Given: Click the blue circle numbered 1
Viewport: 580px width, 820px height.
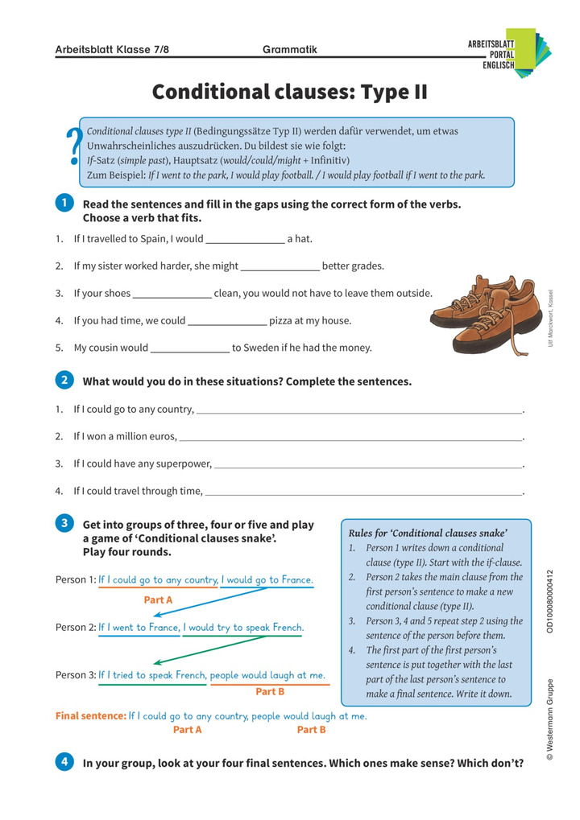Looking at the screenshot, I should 64,203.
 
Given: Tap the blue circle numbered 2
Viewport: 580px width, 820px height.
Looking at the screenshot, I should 64,380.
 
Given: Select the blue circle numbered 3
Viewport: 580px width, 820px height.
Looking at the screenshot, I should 64,524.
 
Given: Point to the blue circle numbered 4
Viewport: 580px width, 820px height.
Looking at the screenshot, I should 64,761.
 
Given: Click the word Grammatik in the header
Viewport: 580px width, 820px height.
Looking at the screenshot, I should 290,50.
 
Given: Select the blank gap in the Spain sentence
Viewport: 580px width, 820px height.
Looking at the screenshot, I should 245,239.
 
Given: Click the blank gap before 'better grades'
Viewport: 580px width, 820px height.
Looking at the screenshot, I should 280,266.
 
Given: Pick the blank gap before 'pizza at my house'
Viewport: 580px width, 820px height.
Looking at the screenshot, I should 226,320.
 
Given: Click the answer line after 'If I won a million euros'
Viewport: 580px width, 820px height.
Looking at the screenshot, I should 350,437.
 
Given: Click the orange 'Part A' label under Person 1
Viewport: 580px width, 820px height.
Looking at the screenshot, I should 158,600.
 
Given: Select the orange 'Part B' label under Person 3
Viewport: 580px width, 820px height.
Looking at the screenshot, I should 270,691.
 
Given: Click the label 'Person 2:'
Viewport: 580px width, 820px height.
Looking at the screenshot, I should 76,628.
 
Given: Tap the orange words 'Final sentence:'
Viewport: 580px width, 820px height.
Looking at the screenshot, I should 90,715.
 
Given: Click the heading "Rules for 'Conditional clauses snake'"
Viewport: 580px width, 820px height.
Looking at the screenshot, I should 427,533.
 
